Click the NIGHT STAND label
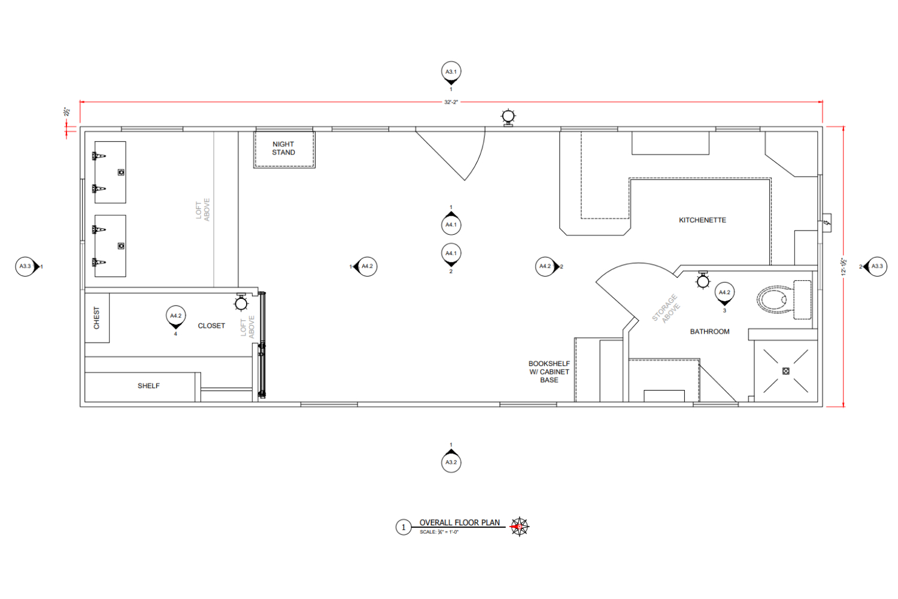tap(284, 149)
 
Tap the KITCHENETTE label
tap(702, 220)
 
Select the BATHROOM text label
tap(709, 332)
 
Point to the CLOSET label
tap(211, 326)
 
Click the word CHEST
tap(97, 318)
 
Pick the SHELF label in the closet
tap(148, 386)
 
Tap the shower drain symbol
tap(786, 371)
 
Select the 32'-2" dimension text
tap(451, 102)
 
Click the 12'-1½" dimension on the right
tap(844, 266)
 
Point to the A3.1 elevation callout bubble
tap(451, 72)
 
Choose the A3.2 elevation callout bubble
tap(451, 462)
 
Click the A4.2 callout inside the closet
tap(175, 316)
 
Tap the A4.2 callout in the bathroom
tap(724, 292)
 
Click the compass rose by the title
tap(519, 527)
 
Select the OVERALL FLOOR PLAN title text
tap(459, 523)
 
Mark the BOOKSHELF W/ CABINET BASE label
tap(549, 372)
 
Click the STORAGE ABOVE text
tap(666, 308)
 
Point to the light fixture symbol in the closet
tap(241, 304)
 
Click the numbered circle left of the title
tap(404, 528)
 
